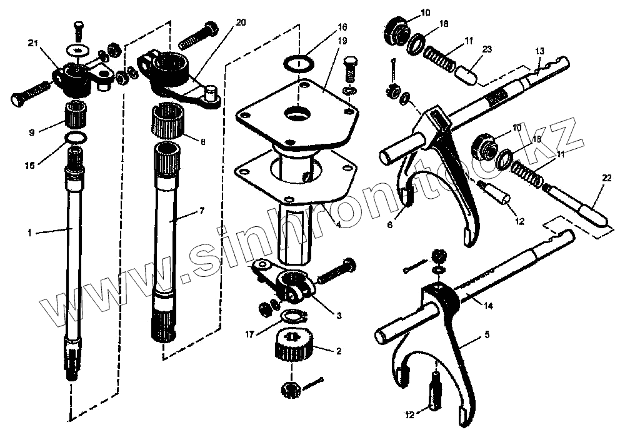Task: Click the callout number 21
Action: [33, 43]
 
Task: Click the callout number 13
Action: [540, 50]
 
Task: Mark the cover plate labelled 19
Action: [300, 116]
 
